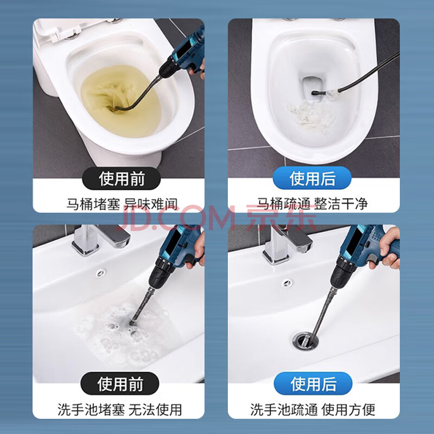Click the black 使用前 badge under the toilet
pos(121,178)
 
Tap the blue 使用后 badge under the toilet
pos(312,178)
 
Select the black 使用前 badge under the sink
pos(120,384)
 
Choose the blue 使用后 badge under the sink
pos(313,384)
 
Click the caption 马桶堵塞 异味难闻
pos(122,205)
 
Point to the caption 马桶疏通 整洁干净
pos(312,204)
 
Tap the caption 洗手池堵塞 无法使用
pos(119,410)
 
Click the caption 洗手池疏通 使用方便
pos(313,410)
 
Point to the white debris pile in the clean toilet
pos(311,116)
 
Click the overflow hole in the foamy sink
pos(100,273)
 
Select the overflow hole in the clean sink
pos(288,283)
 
